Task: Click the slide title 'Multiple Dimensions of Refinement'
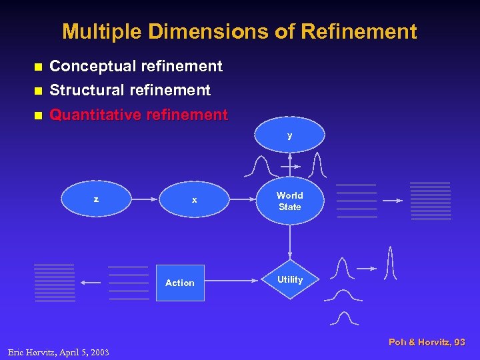click(x=239, y=31)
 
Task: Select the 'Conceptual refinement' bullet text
click(x=136, y=66)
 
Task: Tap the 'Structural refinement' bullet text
click(x=130, y=90)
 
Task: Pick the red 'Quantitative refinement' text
click(x=139, y=115)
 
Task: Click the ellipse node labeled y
click(x=289, y=136)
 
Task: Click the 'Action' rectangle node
click(x=180, y=283)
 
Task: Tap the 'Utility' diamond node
click(x=289, y=280)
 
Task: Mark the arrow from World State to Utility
click(x=289, y=243)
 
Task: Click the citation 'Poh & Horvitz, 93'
click(x=427, y=342)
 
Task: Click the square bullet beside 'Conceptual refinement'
click(x=37, y=67)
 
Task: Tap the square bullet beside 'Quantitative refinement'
click(x=37, y=115)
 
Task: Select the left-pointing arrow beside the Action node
click(x=90, y=283)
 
